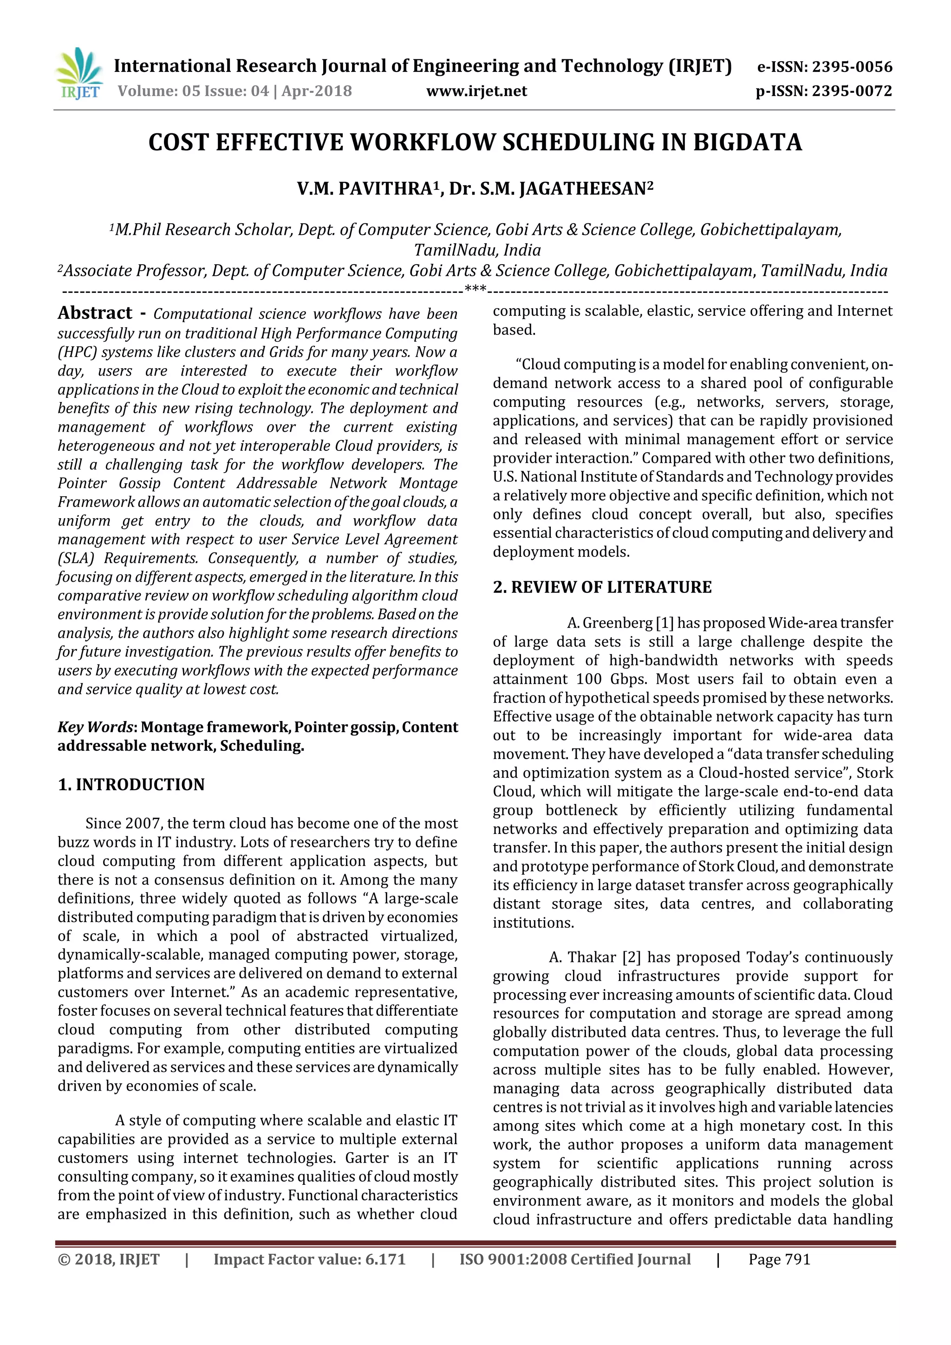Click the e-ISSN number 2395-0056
click(x=851, y=67)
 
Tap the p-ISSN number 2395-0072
click(x=851, y=91)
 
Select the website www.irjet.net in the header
click(x=476, y=91)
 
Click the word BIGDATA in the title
click(x=747, y=143)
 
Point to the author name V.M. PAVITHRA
click(x=365, y=189)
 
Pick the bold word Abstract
click(x=95, y=313)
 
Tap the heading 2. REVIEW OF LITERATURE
click(x=602, y=588)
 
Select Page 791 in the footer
click(x=779, y=1260)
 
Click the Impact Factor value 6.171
click(x=385, y=1260)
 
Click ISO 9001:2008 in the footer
click(x=513, y=1260)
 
